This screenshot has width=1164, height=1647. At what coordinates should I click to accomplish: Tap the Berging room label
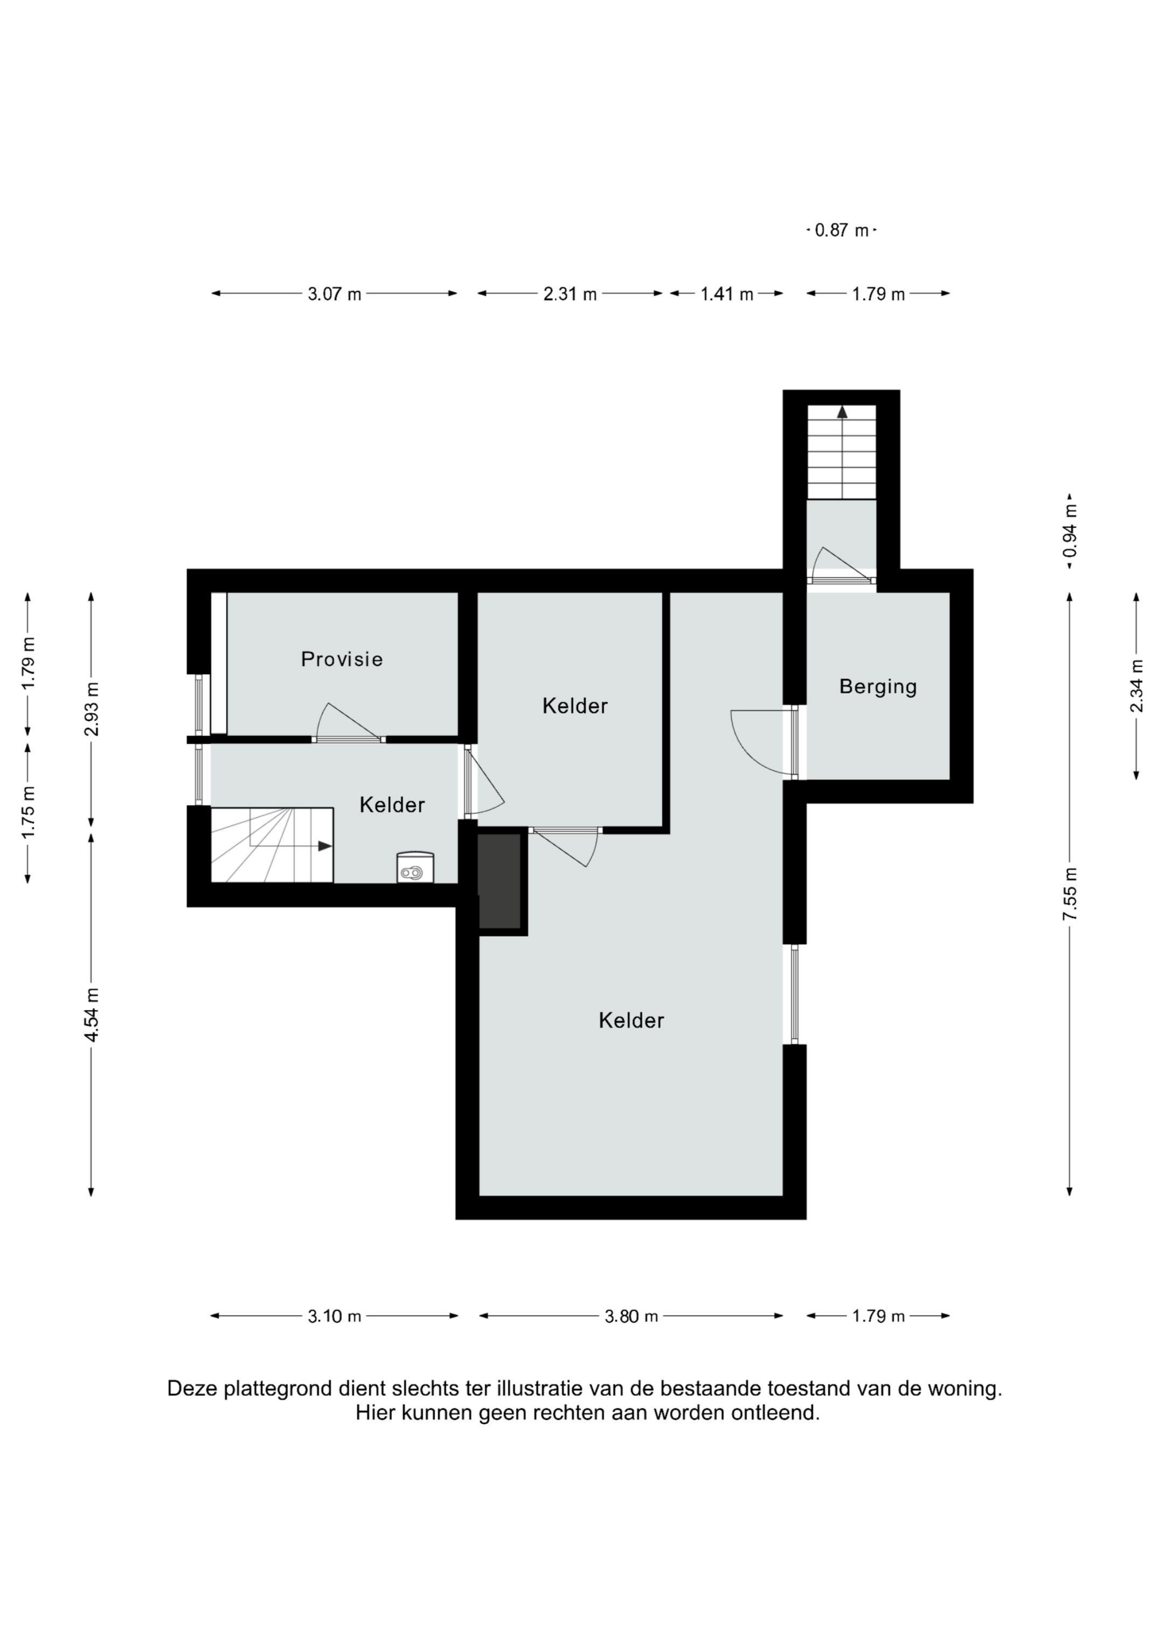[x=878, y=686]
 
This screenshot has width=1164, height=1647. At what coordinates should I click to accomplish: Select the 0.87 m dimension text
[x=841, y=230]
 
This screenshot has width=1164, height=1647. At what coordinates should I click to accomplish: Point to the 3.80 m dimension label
[x=631, y=1317]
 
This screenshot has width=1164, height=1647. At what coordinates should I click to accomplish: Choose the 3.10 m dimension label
[x=334, y=1317]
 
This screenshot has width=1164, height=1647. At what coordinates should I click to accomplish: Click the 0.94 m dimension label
[x=1070, y=531]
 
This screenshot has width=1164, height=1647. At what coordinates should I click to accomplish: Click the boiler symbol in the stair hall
[x=415, y=867]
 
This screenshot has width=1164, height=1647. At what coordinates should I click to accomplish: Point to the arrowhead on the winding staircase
[x=325, y=846]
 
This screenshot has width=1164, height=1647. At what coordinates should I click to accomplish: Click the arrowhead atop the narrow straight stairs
[x=842, y=412]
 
